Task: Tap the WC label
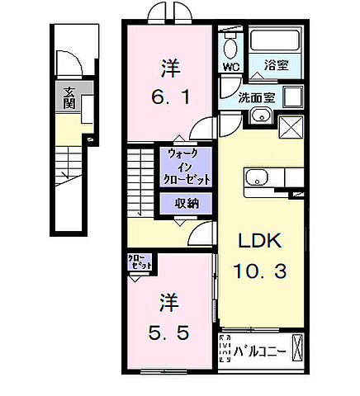(230, 67)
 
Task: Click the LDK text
(261, 242)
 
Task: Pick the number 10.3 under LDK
(261, 271)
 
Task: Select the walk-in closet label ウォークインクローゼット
(189, 166)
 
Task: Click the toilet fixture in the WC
(230, 42)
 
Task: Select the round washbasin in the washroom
(262, 115)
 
